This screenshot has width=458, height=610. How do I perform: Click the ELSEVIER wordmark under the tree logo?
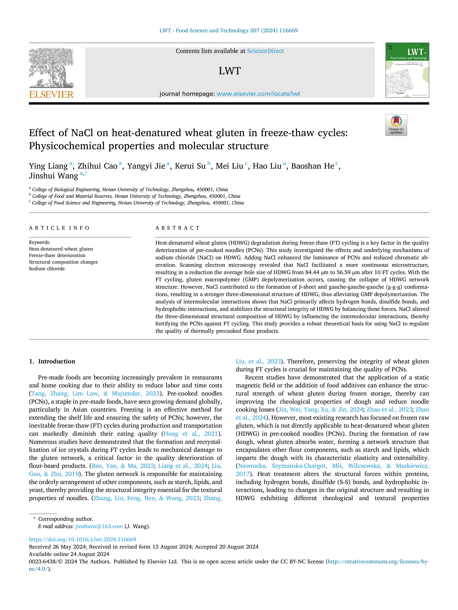[51, 95]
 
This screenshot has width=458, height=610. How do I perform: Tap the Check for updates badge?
[396, 125]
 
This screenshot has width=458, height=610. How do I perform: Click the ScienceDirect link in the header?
[265, 51]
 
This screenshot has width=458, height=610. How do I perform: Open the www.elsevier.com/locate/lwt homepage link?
[258, 94]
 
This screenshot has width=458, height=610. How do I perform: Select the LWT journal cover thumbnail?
[407, 70]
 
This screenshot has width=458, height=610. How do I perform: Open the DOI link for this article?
[83, 539]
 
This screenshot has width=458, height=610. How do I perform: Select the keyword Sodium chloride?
[47, 269]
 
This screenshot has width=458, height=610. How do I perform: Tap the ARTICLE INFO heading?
[59, 228]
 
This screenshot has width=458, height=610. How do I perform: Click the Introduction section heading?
[57, 361]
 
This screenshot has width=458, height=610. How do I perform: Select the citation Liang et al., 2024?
[183, 466]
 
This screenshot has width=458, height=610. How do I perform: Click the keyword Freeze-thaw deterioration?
[57, 255]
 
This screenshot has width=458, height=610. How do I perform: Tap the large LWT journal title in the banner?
[230, 71]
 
